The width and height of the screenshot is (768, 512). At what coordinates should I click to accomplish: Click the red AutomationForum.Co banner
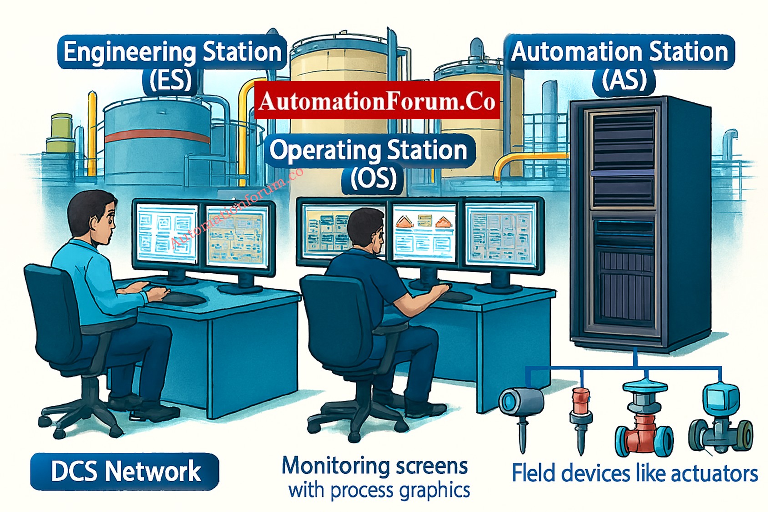377,101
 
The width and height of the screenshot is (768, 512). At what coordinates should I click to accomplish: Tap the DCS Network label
125,471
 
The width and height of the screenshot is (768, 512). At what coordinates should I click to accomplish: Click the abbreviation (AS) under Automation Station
624,81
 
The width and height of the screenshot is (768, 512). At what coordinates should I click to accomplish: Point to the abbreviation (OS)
373,178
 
